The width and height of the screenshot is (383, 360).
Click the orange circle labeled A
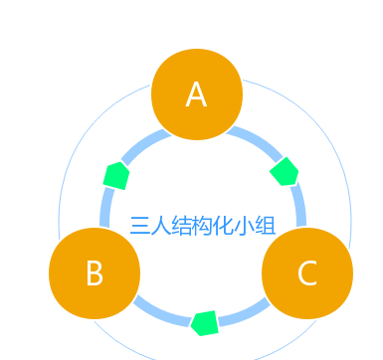(196, 94)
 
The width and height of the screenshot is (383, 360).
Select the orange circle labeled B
(95, 272)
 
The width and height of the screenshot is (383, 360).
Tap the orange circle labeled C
(306, 272)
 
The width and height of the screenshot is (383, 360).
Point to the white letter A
(196, 95)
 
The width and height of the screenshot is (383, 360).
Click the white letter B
(95, 273)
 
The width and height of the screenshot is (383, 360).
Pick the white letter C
(306, 273)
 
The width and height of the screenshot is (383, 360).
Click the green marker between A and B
(117, 175)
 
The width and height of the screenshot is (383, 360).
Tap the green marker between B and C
(205, 322)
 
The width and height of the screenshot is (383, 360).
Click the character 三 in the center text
(140, 225)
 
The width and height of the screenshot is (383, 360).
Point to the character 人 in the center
(162, 225)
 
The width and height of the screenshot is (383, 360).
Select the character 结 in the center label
(184, 225)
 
